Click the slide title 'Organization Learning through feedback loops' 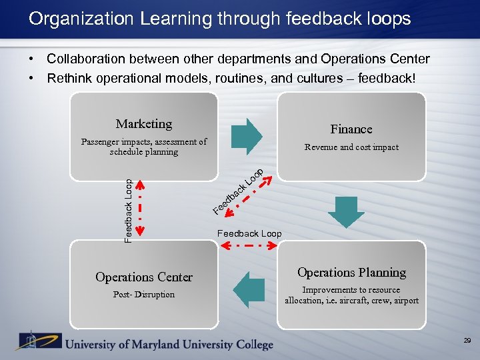point(219,19)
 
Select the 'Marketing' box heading point(144,124)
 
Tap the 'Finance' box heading point(351,129)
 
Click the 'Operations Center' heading point(144,277)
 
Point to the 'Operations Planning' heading point(351,273)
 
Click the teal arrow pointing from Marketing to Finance point(247,133)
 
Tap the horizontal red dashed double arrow point(249,246)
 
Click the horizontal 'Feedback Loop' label point(249,234)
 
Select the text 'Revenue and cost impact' point(351,147)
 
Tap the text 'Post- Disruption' point(144,295)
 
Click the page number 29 point(467,341)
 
